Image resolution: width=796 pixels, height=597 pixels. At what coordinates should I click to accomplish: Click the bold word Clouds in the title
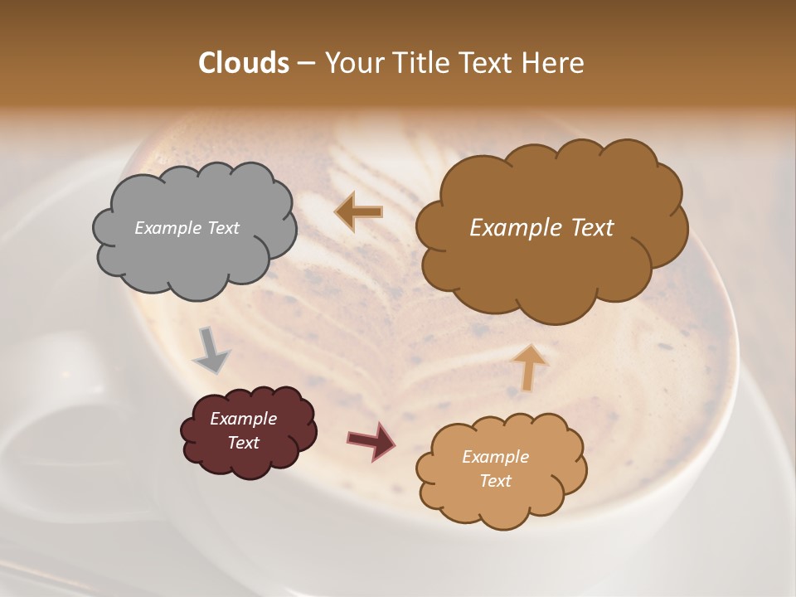tap(244, 63)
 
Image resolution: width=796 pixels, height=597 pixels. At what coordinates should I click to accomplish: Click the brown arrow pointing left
tap(359, 211)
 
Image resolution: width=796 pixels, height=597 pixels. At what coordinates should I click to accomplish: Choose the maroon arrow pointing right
tap(371, 440)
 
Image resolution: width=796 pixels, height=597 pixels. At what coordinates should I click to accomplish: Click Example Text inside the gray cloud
tap(187, 228)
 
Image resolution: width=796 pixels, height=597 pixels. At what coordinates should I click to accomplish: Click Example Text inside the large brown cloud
tap(541, 228)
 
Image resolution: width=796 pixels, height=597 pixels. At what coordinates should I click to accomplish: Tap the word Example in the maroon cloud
tap(243, 419)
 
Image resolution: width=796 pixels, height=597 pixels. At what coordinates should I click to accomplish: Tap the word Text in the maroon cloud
tap(243, 443)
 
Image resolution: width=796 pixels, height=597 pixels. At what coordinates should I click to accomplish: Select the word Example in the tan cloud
tap(495, 457)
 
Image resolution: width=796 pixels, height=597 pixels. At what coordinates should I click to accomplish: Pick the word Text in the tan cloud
tap(495, 481)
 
